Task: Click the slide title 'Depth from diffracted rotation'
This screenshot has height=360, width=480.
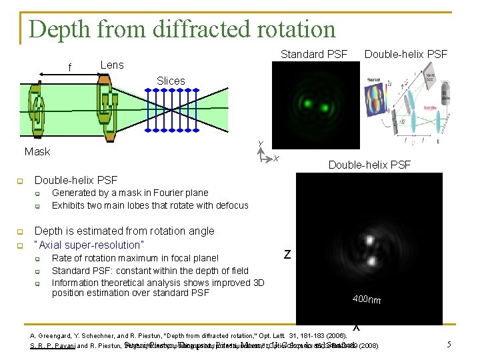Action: pyautogui.click(x=182, y=29)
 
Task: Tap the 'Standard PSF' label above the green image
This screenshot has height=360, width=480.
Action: pyautogui.click(x=313, y=54)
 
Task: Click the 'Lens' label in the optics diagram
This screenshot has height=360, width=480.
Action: pyautogui.click(x=112, y=65)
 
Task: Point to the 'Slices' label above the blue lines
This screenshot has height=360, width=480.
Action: pyautogui.click(x=171, y=81)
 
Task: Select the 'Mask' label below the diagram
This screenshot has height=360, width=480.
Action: pyautogui.click(x=37, y=152)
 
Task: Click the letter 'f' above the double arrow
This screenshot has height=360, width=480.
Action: pyautogui.click(x=69, y=68)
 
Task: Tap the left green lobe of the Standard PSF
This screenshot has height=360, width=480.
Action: pyautogui.click(x=308, y=103)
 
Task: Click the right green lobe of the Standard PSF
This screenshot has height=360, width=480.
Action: pyautogui.click(x=326, y=107)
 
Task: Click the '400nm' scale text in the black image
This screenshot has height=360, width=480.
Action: pyautogui.click(x=367, y=300)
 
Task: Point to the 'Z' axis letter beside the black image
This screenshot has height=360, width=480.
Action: pyautogui.click(x=287, y=254)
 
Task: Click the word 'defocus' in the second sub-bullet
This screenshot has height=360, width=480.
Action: pyautogui.click(x=231, y=205)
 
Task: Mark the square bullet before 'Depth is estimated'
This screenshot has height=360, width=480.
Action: pyautogui.click(x=21, y=231)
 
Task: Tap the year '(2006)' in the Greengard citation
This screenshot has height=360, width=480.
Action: pyautogui.click(x=334, y=335)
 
